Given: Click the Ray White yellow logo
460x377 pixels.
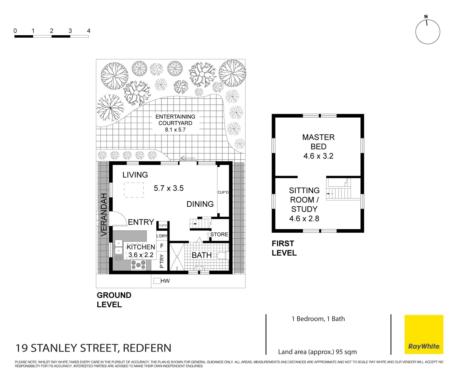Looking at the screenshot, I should pyautogui.click(x=424, y=334).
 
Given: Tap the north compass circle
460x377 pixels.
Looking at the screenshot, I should pyautogui.click(x=427, y=32).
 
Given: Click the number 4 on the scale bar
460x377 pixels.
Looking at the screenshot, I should pyautogui.click(x=88, y=31).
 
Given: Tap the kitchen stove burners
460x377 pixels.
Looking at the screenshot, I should pyautogui.click(x=139, y=265).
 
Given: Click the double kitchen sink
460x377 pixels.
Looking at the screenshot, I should pyautogui.click(x=118, y=247).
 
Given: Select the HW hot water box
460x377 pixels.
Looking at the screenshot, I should pyautogui.click(x=157, y=281).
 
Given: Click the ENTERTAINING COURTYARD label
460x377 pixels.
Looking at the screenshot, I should pyautogui.click(x=175, y=120).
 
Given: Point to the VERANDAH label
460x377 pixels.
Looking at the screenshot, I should pyautogui.click(x=103, y=214).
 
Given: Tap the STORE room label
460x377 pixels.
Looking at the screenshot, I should pyautogui.click(x=219, y=234).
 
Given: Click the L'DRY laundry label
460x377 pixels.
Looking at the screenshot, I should pyautogui.click(x=162, y=236).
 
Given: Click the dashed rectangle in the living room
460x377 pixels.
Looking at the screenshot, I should pyautogui.click(x=134, y=190).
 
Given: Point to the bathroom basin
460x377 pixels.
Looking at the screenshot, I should pyautogui.click(x=200, y=268).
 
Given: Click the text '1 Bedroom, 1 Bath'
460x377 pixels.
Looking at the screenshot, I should pyautogui.click(x=318, y=319).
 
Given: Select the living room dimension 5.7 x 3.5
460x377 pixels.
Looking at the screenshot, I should pyautogui.click(x=169, y=188).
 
